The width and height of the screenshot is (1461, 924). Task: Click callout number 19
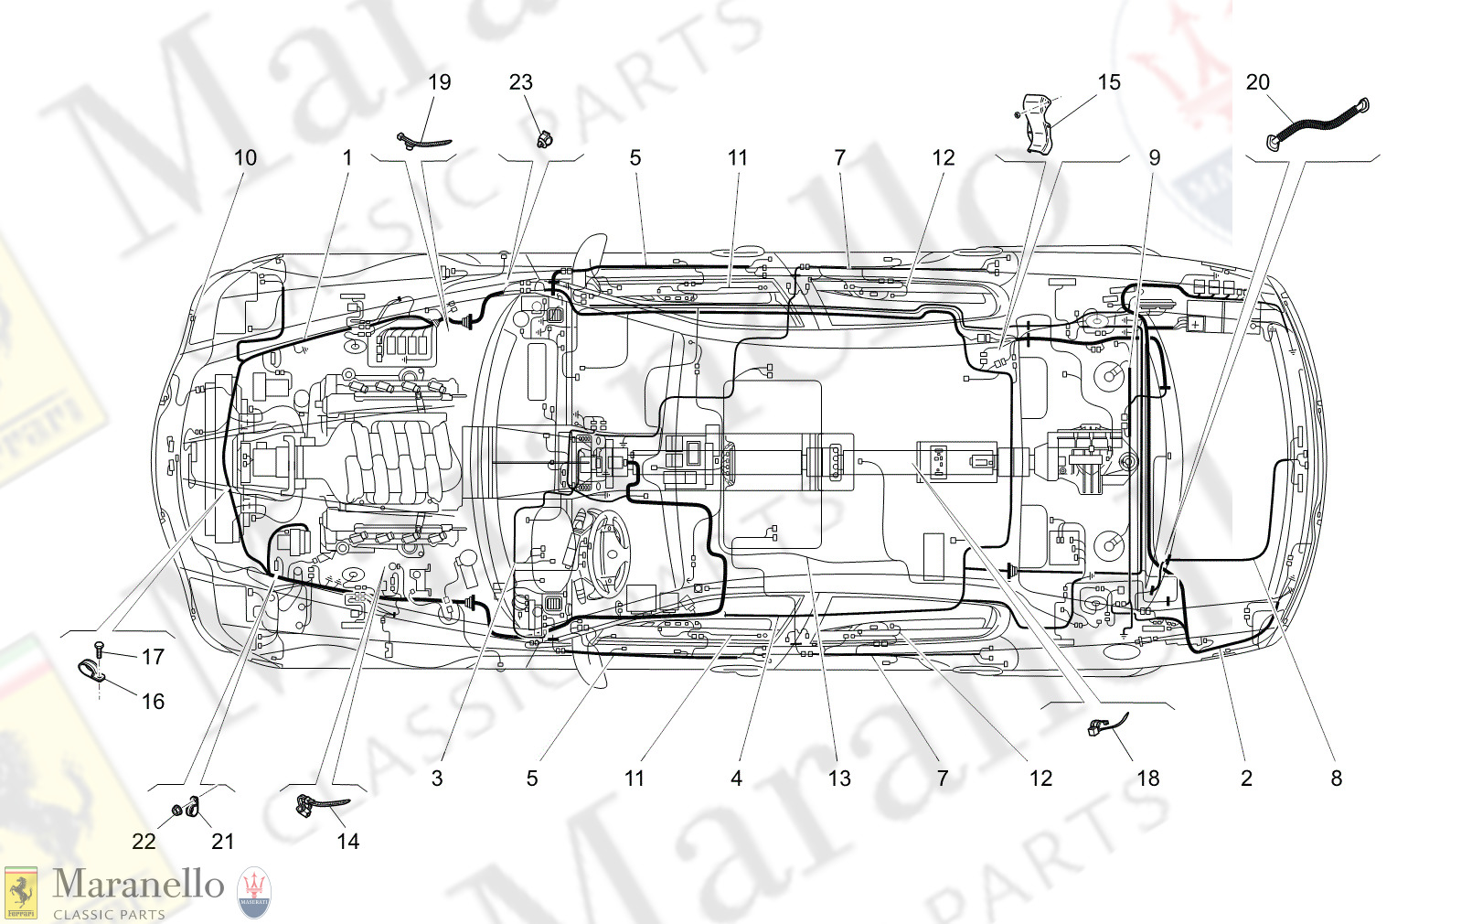440,82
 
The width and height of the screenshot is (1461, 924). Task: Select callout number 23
521,82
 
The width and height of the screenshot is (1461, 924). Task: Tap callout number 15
1108,82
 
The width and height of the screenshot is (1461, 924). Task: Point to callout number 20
1258,82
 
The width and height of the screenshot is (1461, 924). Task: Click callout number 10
245,157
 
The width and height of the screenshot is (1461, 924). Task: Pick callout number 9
1154,157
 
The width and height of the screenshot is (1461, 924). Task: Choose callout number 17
153,656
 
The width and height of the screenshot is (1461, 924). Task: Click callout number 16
153,701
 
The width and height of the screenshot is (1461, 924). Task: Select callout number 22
144,841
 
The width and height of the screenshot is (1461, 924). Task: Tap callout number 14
347,841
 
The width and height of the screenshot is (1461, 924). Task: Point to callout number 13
839,779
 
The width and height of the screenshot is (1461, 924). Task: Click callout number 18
1147,779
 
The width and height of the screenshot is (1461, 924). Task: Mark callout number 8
1336,779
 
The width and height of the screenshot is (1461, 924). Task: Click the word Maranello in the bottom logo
138,884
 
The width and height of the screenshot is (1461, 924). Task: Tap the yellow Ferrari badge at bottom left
21,893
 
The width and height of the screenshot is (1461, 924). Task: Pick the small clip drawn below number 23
546,139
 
